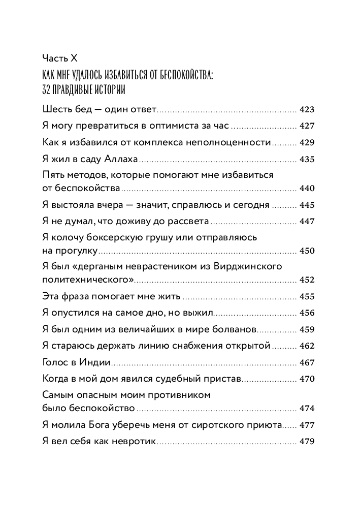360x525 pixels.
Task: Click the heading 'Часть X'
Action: point(59,58)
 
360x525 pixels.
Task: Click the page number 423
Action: point(308,109)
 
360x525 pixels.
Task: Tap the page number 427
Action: point(308,126)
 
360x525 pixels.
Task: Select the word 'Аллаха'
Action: point(121,159)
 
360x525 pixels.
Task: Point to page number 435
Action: point(308,159)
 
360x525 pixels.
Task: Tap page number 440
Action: point(308,188)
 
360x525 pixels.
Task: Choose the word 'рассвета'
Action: point(188,222)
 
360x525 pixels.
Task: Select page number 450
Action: point(308,251)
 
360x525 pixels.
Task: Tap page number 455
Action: point(308,296)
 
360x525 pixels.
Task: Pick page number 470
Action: point(308,379)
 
